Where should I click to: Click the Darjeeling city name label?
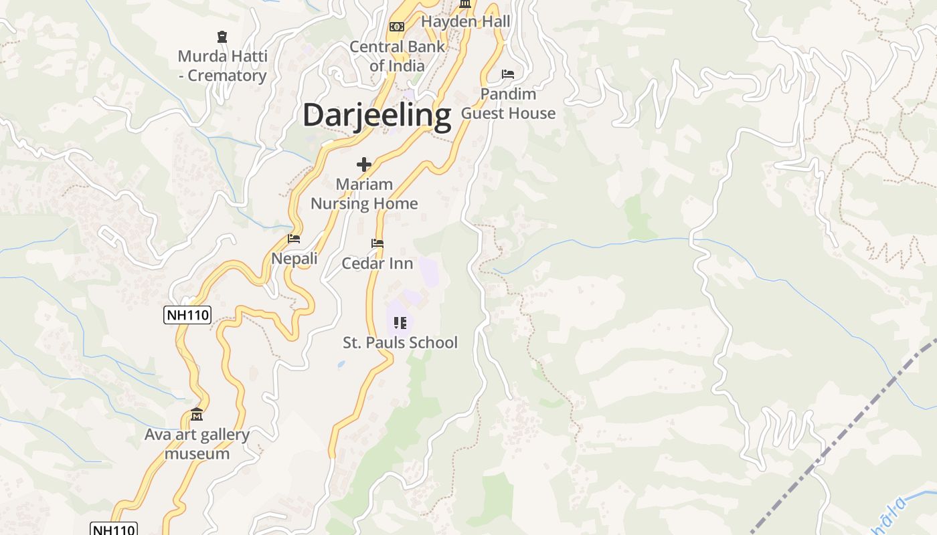tap(377, 115)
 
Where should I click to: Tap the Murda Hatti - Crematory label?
tap(222, 66)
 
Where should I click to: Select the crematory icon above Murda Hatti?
tap(222, 37)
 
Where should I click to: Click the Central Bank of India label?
tap(397, 56)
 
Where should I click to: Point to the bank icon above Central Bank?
tap(397, 27)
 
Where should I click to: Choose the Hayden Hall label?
tap(465, 21)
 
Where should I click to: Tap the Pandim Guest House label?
tap(508, 104)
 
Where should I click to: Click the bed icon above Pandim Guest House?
tap(508, 74)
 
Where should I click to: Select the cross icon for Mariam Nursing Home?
tap(364, 165)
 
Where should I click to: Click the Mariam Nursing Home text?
tap(364, 194)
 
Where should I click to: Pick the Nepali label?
tap(294, 258)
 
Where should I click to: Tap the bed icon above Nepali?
tap(294, 238)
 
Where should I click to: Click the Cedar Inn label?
tap(377, 263)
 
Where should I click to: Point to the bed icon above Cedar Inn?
tap(377, 243)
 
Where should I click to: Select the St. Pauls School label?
tap(400, 342)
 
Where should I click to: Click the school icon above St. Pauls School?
tap(400, 323)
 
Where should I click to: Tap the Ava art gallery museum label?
tap(197, 444)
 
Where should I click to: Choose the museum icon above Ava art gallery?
tap(197, 415)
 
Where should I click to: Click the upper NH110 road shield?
tap(187, 315)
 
